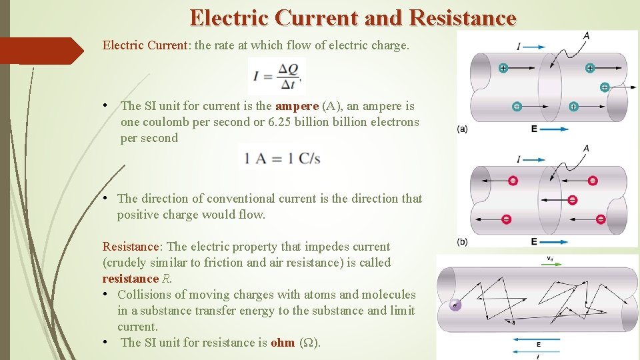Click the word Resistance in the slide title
(x=463, y=17)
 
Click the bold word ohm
(x=283, y=343)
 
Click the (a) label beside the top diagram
(x=462, y=129)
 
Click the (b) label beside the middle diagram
(x=462, y=241)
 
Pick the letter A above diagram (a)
(x=585, y=35)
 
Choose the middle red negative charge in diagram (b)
(x=572, y=200)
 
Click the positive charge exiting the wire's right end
(x=605, y=87)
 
